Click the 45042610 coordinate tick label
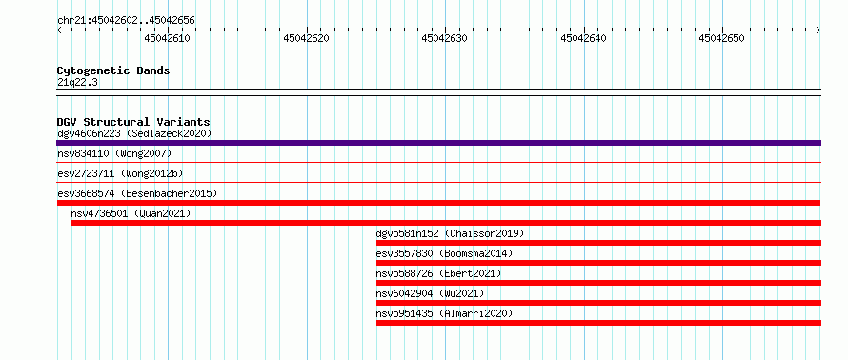pos(168,38)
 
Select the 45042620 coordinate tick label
pos(306,38)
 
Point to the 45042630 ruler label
pos(445,38)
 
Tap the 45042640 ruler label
pos(583,38)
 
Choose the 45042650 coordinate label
pos(722,38)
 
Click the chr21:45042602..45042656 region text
pos(126,21)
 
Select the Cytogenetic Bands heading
pos(113,70)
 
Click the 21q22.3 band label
pos(77,83)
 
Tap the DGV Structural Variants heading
pos(133,122)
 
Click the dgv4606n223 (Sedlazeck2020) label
pos(134,133)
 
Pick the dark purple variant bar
pos(438,143)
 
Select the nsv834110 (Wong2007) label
pos(114,154)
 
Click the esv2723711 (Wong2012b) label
pos(120,173)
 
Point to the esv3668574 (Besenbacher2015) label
pos(137,193)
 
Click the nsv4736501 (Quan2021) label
pos(131,213)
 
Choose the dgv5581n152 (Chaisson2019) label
pos(450,233)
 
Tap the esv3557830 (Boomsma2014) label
pos(444,253)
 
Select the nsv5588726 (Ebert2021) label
pos(438,273)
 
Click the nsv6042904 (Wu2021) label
pos(430,293)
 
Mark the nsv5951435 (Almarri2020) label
pos(444,313)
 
